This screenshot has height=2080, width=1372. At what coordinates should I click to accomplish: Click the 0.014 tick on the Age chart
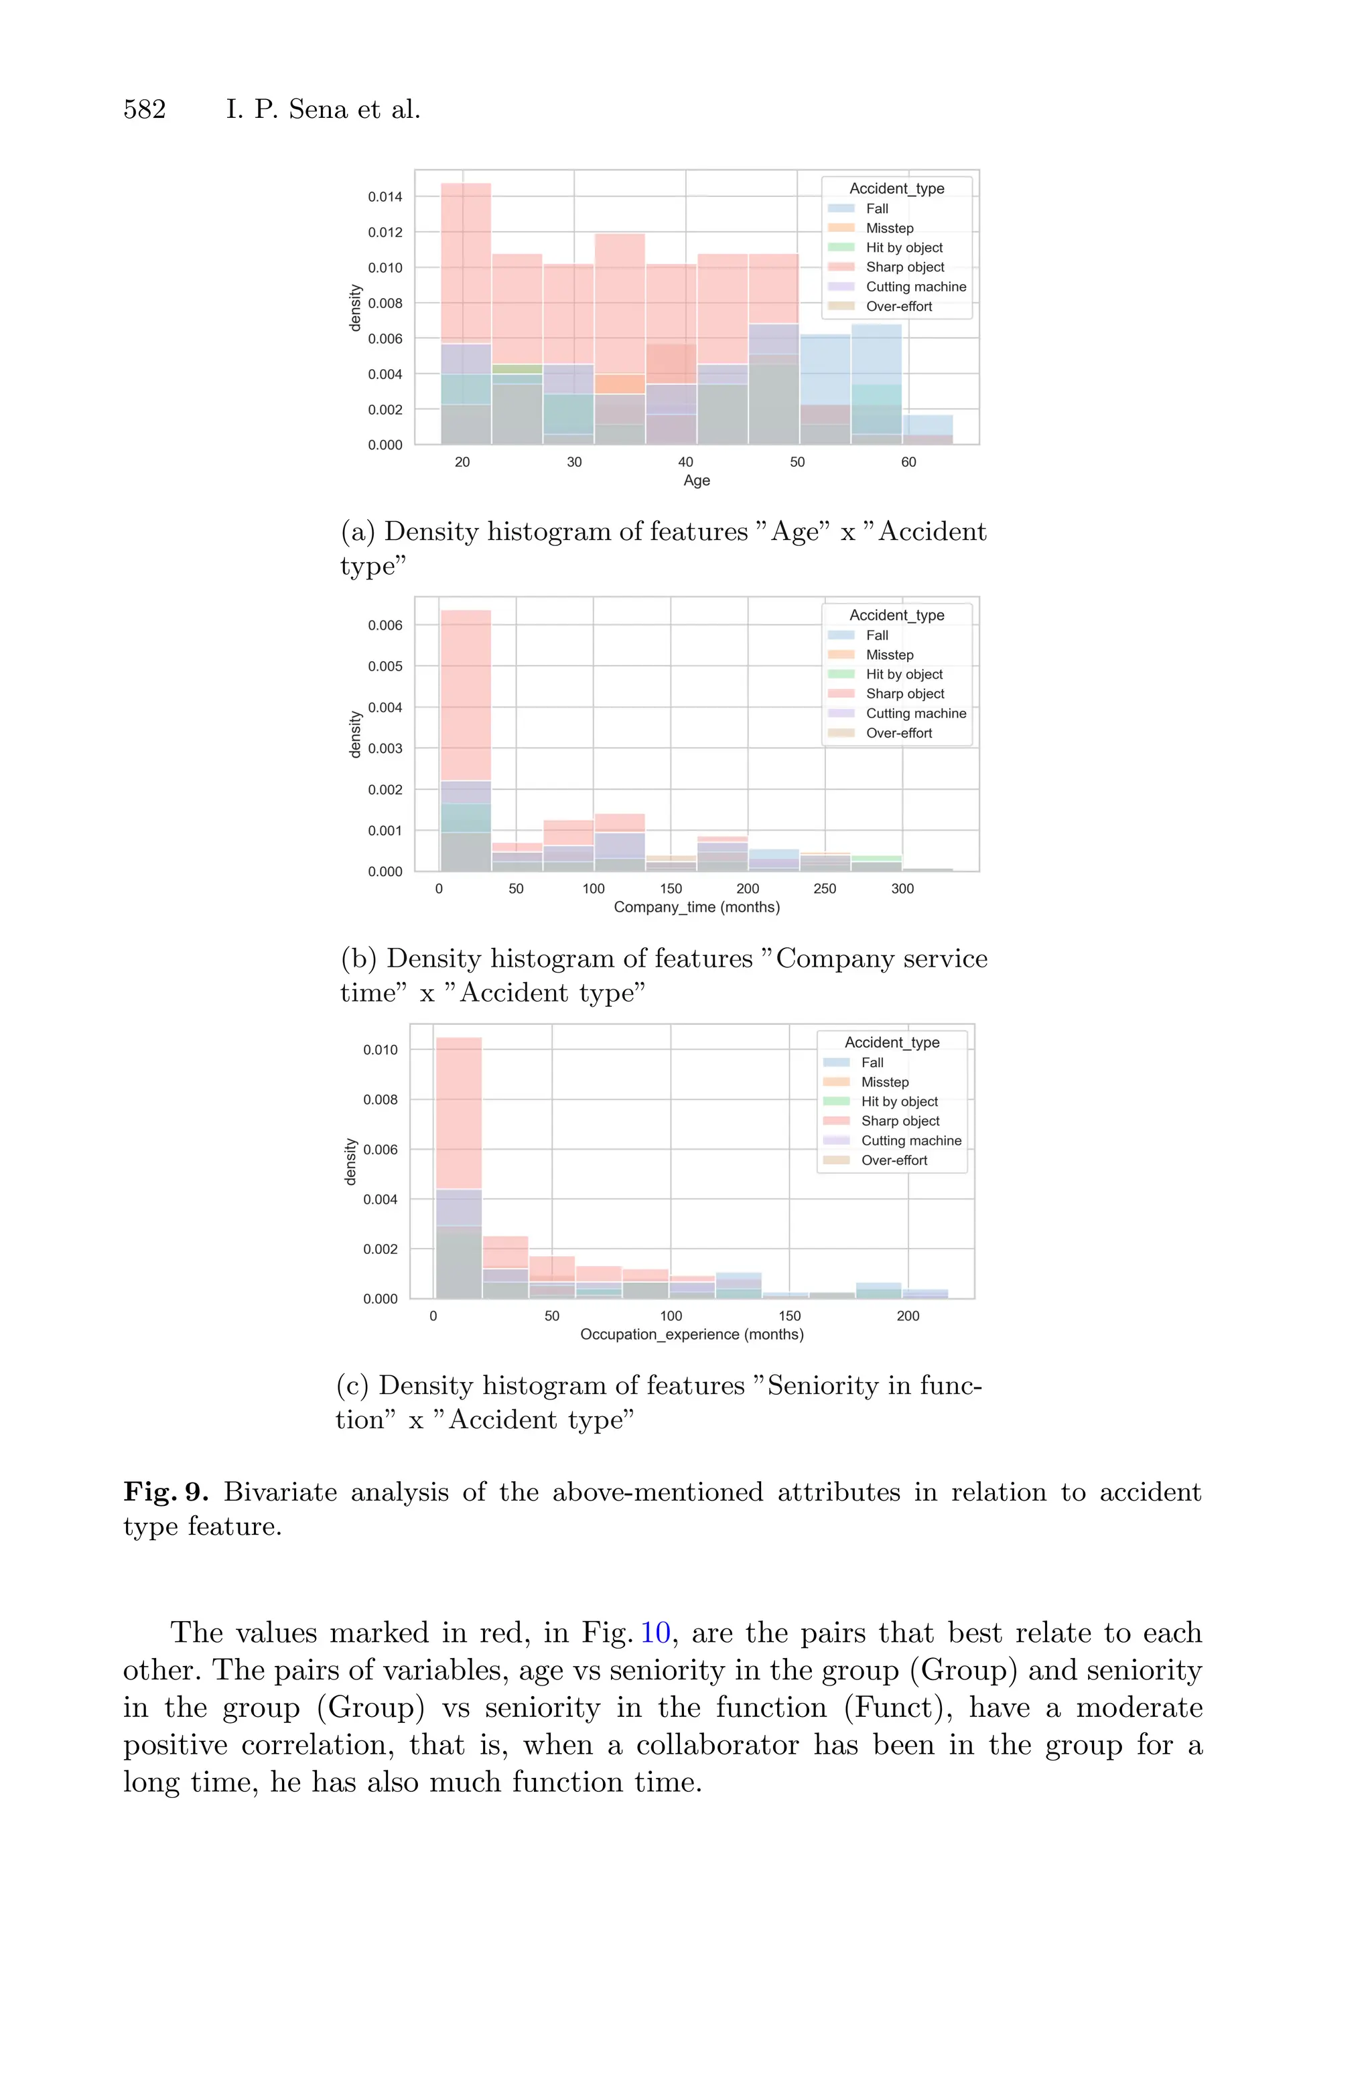coord(385,197)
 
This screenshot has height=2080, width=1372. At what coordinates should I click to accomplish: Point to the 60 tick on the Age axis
coord(908,462)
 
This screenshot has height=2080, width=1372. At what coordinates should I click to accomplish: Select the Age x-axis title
coord(697,480)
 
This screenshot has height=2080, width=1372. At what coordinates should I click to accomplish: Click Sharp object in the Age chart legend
coord(905,267)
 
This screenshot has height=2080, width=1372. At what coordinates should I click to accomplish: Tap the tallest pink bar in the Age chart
coord(466,263)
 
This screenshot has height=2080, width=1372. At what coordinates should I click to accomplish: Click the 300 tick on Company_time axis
coord(902,889)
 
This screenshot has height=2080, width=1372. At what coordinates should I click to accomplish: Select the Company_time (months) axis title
coord(697,907)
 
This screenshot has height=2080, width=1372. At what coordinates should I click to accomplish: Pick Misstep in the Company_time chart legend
coord(889,655)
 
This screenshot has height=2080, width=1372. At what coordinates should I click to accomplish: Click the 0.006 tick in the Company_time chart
coord(385,626)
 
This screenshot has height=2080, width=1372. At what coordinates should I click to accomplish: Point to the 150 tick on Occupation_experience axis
coord(789,1316)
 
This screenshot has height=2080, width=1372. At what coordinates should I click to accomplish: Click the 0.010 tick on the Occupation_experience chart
coord(381,1050)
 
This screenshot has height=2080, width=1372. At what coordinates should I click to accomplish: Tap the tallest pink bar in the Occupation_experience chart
coord(458,1111)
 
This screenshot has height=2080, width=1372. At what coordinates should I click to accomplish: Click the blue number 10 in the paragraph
coord(655,1633)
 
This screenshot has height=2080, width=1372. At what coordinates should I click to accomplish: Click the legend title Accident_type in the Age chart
coord(897,188)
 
